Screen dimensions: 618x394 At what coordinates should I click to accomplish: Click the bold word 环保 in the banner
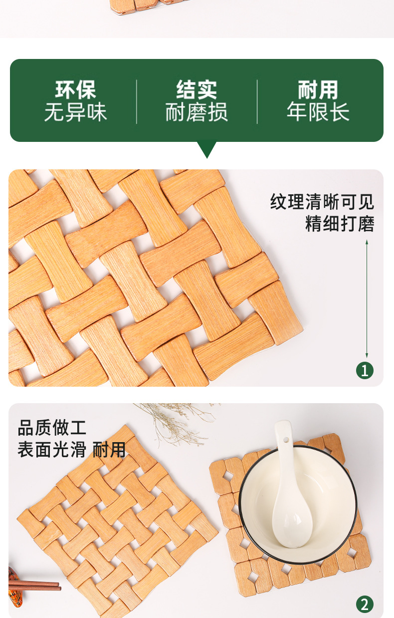point(75,90)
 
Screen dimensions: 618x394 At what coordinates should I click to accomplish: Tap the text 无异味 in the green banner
point(75,112)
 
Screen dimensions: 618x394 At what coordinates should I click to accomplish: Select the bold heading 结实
point(197,90)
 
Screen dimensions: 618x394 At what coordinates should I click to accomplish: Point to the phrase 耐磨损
point(197,112)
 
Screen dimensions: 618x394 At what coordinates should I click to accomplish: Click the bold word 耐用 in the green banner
point(318,90)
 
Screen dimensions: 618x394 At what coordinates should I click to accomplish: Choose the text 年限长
point(318,112)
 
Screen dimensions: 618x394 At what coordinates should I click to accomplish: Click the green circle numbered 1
point(365,370)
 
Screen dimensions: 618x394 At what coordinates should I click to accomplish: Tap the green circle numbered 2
point(365,605)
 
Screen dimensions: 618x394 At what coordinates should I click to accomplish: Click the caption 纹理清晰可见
point(322,202)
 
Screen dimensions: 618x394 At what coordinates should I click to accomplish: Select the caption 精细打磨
point(340,223)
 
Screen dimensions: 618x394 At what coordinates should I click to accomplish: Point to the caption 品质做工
point(52,428)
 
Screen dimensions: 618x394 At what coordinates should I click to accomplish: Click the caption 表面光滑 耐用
point(71,449)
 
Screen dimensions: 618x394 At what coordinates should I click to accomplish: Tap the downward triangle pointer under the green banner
point(207,149)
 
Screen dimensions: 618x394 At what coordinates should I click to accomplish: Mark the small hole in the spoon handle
point(286,440)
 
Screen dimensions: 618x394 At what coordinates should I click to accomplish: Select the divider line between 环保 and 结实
point(137,101)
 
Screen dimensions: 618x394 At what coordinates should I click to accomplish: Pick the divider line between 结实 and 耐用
point(257,101)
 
